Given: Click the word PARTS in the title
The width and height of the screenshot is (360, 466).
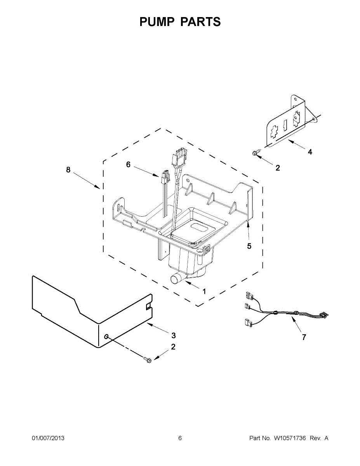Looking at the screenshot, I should [x=200, y=22].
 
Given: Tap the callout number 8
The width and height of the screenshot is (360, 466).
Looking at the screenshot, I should [x=68, y=170].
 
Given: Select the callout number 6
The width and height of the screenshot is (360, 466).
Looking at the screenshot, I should [x=128, y=165].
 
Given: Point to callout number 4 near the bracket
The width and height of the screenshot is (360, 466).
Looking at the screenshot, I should [x=310, y=152].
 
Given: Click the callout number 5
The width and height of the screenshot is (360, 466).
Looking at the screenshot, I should [x=249, y=246].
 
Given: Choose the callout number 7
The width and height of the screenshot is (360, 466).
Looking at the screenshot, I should [x=304, y=337].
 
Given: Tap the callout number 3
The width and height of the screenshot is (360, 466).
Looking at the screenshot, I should [x=174, y=335].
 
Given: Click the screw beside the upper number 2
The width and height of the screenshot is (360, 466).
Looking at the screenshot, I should [x=256, y=153].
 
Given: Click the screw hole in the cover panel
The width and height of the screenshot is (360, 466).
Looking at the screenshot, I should [x=106, y=335].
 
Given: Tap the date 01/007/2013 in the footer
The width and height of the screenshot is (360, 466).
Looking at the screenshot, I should [x=48, y=438].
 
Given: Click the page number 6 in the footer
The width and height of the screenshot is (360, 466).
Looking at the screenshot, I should [x=180, y=438].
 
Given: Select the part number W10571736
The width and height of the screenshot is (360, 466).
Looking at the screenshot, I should [x=290, y=438].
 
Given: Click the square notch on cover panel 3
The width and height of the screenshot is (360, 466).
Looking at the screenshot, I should [x=148, y=307].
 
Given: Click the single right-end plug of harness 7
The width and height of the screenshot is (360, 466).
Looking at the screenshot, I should [x=322, y=315].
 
